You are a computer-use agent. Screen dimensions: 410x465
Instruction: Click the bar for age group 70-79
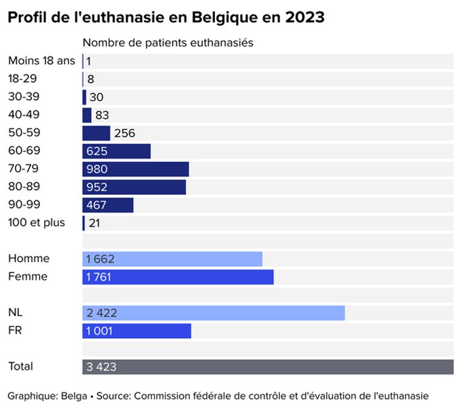(x=135, y=169)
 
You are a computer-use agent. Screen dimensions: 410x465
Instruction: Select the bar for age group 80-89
(x=134, y=187)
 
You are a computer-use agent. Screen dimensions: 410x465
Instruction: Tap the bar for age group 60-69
(x=117, y=151)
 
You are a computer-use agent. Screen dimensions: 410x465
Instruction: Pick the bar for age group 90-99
(x=107, y=205)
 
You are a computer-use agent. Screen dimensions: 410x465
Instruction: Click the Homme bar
(x=172, y=259)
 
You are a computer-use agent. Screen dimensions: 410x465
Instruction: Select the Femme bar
(x=178, y=277)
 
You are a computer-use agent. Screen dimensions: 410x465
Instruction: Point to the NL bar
(x=213, y=313)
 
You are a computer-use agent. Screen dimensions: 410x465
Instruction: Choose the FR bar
(x=136, y=331)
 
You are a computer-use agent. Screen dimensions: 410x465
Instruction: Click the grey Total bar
(x=268, y=367)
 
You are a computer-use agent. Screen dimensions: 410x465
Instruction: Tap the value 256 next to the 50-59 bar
(x=124, y=133)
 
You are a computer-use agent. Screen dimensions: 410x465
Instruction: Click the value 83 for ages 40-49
(x=102, y=115)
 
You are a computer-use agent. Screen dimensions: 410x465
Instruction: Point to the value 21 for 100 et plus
(x=94, y=223)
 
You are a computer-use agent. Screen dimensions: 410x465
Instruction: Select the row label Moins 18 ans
(x=42, y=60)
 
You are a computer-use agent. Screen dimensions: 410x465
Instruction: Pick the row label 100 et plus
(x=36, y=223)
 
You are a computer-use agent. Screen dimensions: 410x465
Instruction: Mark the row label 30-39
(x=24, y=97)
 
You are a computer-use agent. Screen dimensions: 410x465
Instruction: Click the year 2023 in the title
(x=305, y=18)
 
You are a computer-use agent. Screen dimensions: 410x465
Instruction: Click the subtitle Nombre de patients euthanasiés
(x=167, y=43)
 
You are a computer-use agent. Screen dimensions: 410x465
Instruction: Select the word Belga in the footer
(x=73, y=396)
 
